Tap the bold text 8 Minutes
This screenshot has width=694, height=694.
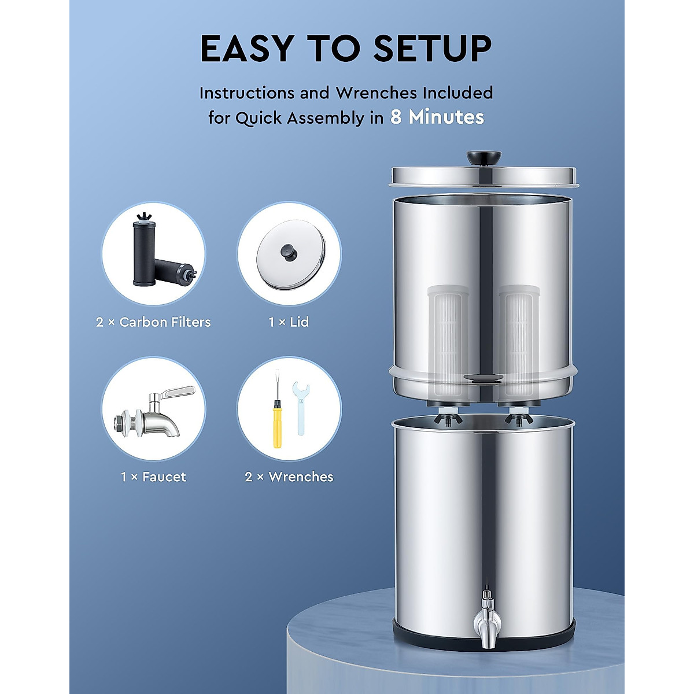pos(437,117)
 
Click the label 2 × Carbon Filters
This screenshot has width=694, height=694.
pos(153,322)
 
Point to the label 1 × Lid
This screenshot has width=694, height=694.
pos(289,322)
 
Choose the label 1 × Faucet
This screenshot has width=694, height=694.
pos(153,477)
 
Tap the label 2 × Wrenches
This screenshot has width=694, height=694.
pos(289,477)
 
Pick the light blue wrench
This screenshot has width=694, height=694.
pos(300,408)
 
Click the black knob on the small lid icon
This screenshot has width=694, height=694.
pos(287,251)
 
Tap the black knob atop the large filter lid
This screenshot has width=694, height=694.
pos(484,157)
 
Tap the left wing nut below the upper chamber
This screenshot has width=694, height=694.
pos(449,418)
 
